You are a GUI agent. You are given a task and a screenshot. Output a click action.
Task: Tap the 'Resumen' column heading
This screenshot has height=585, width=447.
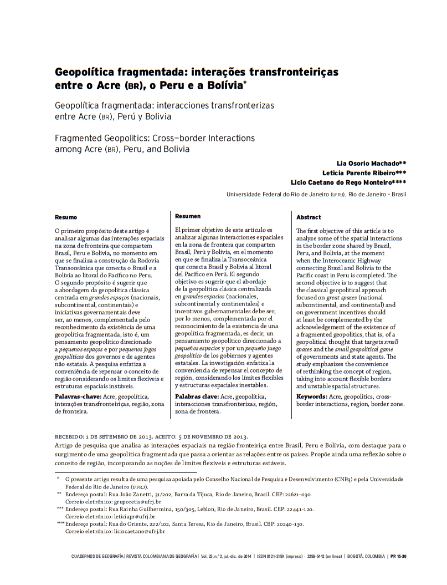pyautogui.click(x=188, y=216)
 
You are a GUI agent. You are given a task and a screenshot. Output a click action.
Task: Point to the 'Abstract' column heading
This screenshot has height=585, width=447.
pyautogui.click(x=309, y=217)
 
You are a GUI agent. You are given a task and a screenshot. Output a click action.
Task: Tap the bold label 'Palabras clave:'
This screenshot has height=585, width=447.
pyautogui.click(x=197, y=396)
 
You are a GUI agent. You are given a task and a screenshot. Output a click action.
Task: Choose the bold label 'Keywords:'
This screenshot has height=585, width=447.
pyautogui.click(x=312, y=396)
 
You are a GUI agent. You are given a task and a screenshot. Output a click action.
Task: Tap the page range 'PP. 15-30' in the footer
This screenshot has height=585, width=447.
pyautogui.click(x=398, y=556)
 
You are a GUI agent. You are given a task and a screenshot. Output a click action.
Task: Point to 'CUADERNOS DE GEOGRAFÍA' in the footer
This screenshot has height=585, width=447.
pyautogui.click(x=98, y=556)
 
